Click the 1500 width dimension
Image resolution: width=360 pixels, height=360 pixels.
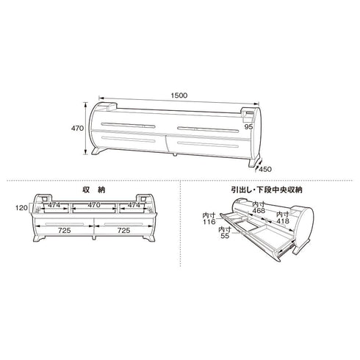(179, 96)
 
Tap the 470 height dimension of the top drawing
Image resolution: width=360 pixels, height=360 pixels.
(77, 128)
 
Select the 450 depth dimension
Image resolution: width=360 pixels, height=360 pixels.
(265, 169)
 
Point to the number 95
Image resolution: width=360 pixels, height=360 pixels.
(248, 127)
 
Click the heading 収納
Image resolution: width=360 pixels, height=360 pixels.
(94, 190)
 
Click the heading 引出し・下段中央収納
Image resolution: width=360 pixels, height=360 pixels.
(267, 190)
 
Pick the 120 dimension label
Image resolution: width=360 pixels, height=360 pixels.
(21, 208)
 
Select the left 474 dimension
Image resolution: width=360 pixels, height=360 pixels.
(54, 205)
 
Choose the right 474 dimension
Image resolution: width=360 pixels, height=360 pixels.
(134, 205)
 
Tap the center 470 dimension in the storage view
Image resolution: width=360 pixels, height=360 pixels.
(94, 205)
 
